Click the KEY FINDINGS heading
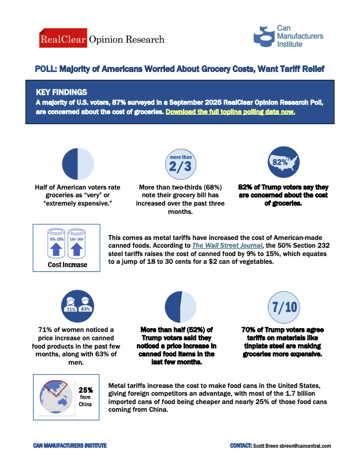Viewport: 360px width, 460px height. click(x=61, y=92)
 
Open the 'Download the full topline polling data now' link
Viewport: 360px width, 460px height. click(x=230, y=111)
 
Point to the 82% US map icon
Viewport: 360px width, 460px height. click(x=282, y=162)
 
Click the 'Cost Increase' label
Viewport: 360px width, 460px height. click(x=67, y=265)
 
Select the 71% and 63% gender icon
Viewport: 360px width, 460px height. click(x=76, y=306)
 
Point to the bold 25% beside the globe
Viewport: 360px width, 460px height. click(x=85, y=390)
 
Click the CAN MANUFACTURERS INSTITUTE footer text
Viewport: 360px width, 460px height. click(x=70, y=446)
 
